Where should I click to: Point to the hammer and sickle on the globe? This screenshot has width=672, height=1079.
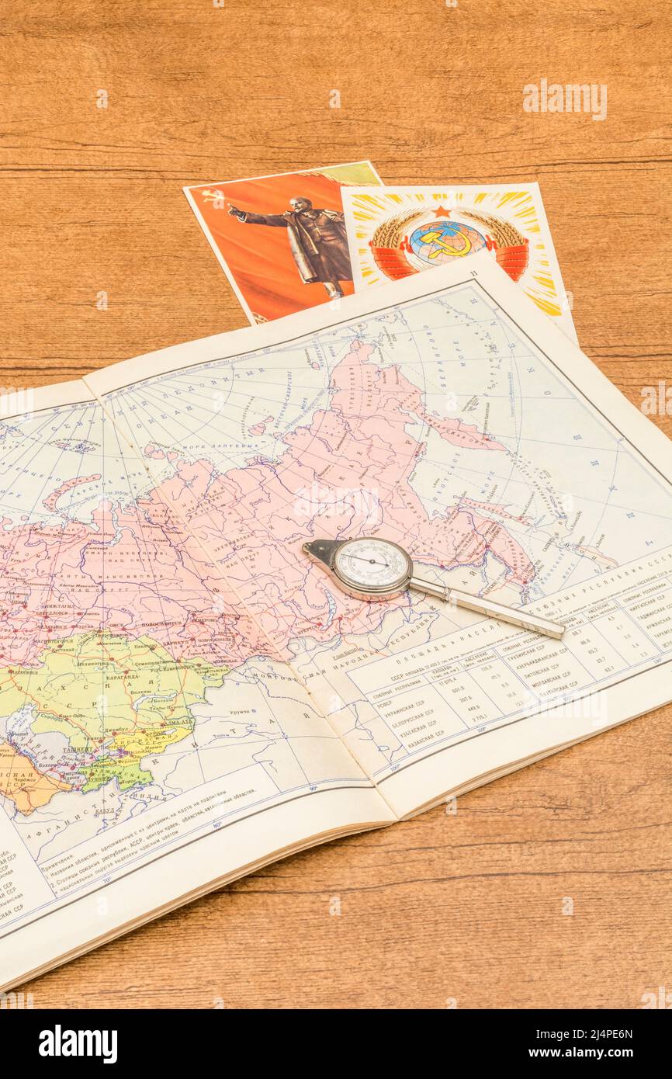pyautogui.click(x=445, y=241)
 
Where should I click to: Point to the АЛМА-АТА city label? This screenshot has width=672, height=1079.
pyautogui.click(x=176, y=721)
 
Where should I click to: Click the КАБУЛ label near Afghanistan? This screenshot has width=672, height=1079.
pyautogui.click(x=104, y=810)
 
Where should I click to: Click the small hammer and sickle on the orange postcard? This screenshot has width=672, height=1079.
pyautogui.click(x=211, y=196)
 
